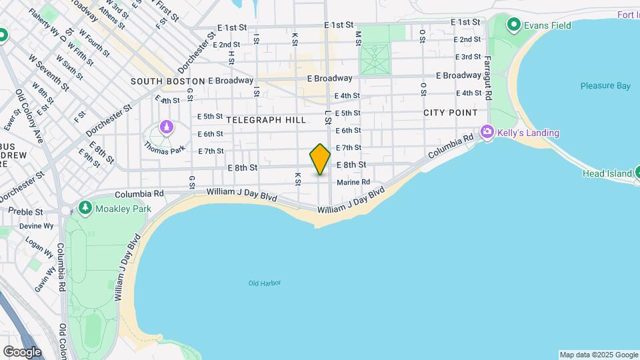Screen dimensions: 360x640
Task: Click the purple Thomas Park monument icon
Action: tap(165, 127)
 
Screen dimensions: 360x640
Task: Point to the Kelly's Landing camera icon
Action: tap(488, 133)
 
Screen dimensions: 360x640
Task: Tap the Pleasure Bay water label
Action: tap(605, 86)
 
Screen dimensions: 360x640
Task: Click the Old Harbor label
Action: tap(265, 283)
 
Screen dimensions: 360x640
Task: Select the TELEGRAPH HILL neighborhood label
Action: tap(266, 120)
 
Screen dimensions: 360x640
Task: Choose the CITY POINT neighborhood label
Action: tap(450, 113)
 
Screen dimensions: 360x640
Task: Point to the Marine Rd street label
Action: tap(353, 182)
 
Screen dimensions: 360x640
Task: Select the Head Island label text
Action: tap(607, 173)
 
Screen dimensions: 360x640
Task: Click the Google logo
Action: tap(22, 352)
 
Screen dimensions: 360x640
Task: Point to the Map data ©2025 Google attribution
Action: tap(598, 355)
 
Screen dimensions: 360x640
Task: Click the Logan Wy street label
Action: tap(44, 246)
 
